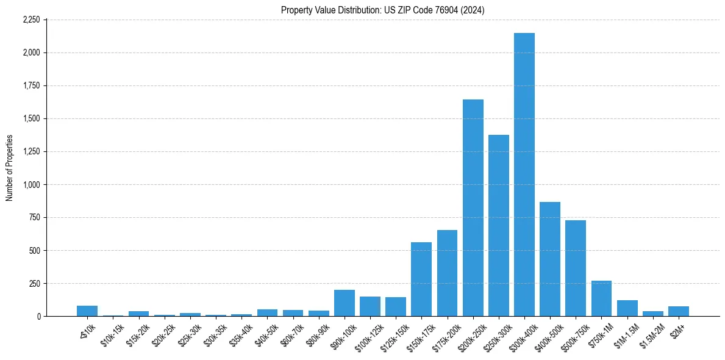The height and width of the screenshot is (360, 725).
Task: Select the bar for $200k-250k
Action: [473, 207]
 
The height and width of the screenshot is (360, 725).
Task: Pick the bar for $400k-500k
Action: [549, 259]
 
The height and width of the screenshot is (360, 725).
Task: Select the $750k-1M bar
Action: [601, 298]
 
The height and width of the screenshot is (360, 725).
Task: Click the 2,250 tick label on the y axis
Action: [31, 20]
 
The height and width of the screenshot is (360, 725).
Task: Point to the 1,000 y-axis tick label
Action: [31, 184]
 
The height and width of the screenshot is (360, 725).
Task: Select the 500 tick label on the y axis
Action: [35, 250]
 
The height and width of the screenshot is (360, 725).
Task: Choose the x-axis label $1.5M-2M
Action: [652, 334]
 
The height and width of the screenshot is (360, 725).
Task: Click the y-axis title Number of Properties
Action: [10, 168]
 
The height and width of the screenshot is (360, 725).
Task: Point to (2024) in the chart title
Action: [474, 10]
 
